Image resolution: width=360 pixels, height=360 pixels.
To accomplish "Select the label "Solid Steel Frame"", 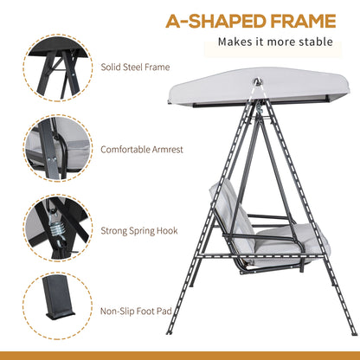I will (x=134, y=67).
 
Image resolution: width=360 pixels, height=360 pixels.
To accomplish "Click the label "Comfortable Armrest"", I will (x=143, y=148).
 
